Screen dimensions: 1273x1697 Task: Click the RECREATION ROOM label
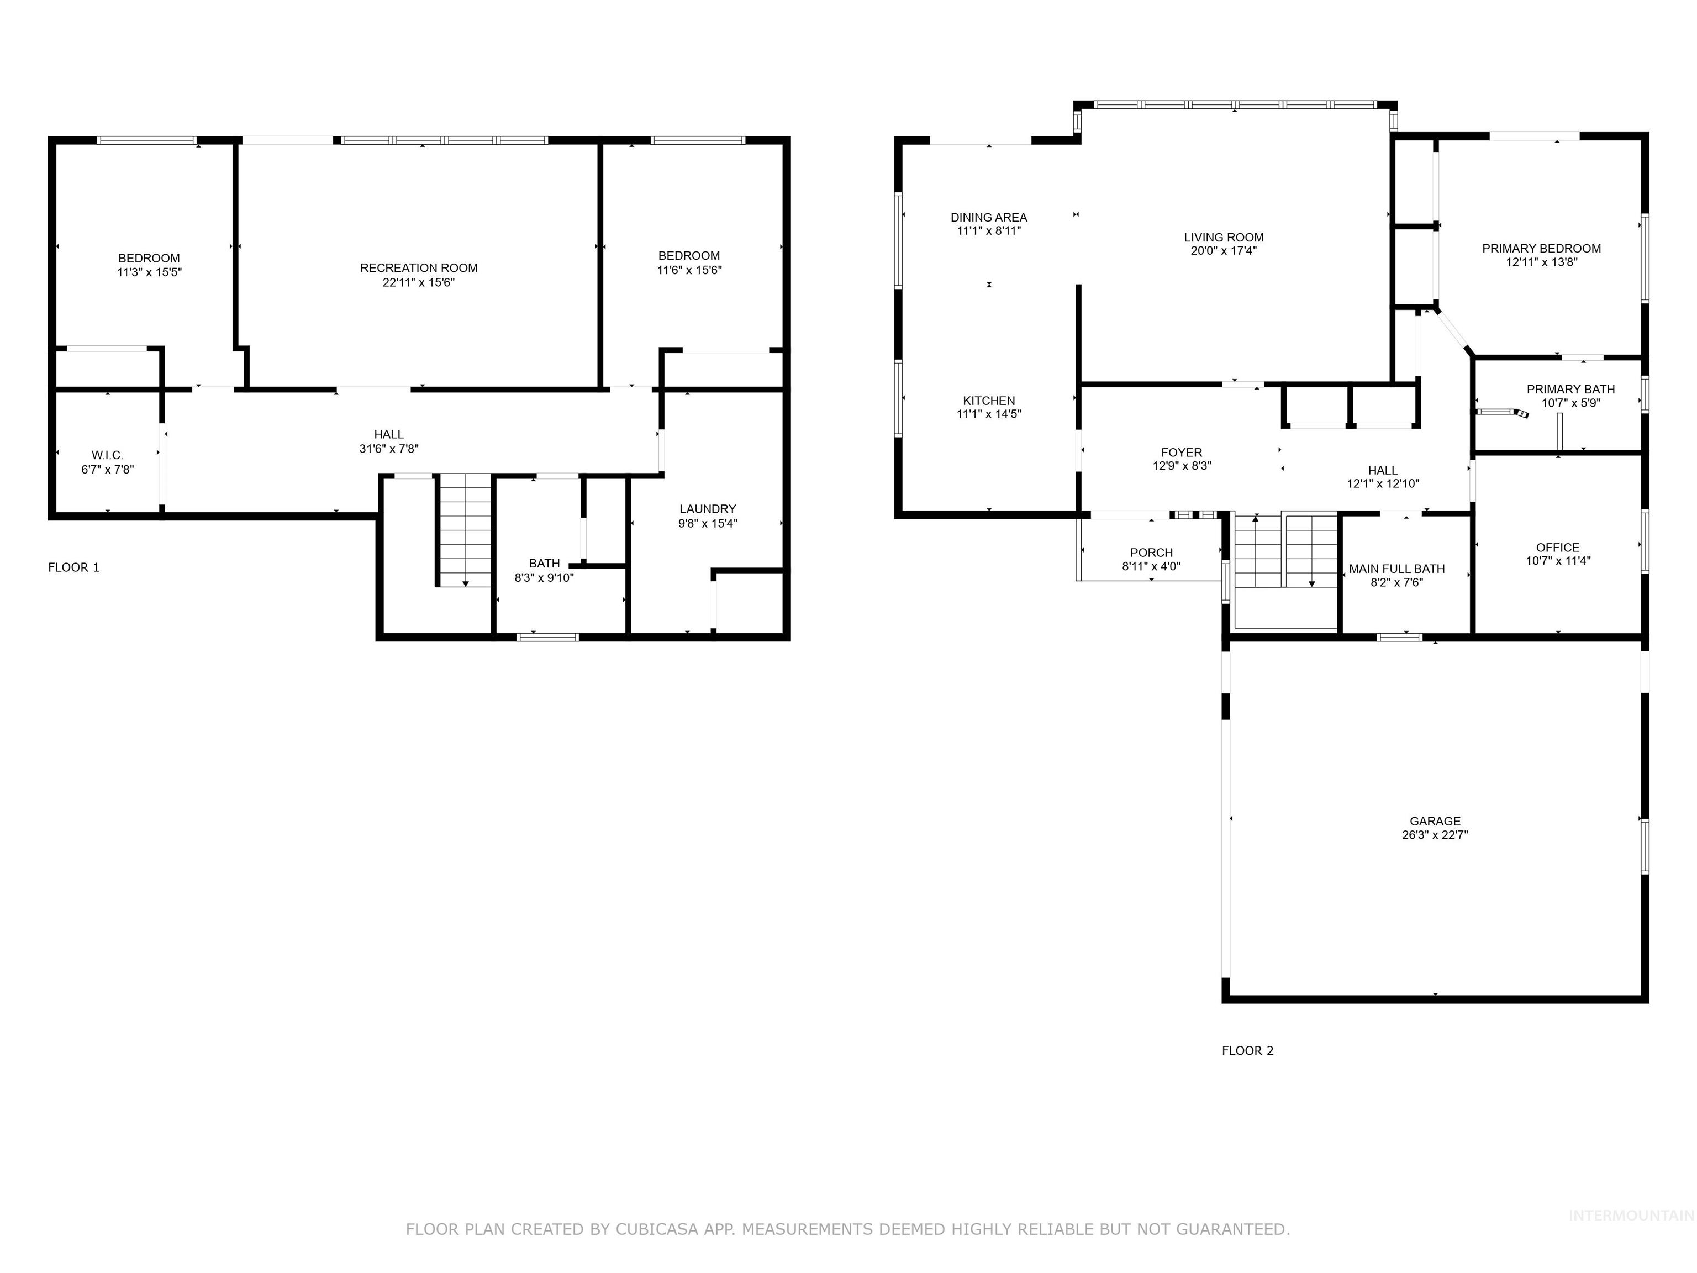coord(419,268)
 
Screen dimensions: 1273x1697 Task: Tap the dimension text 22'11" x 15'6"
coord(419,282)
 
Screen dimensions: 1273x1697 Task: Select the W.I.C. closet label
coord(107,455)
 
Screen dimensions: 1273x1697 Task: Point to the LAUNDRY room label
coord(707,509)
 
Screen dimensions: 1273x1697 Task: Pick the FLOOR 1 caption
coord(73,567)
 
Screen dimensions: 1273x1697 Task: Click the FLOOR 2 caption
coord(1247,1050)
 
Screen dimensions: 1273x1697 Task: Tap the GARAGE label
coord(1435,821)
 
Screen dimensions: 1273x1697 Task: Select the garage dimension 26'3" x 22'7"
coord(1435,835)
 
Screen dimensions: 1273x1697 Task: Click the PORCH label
coord(1151,553)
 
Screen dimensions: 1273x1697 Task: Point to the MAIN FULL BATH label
coord(1397,569)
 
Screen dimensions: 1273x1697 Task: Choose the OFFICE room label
coord(1557,547)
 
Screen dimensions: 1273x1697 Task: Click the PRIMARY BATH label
coord(1570,389)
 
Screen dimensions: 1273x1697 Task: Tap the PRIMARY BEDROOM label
coord(1541,248)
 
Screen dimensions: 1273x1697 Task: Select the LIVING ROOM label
coord(1224,237)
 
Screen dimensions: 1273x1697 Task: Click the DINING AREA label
coord(989,217)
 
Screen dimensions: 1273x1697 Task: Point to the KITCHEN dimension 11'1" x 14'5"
coord(989,414)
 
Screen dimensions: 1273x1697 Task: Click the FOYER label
coord(1182,453)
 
